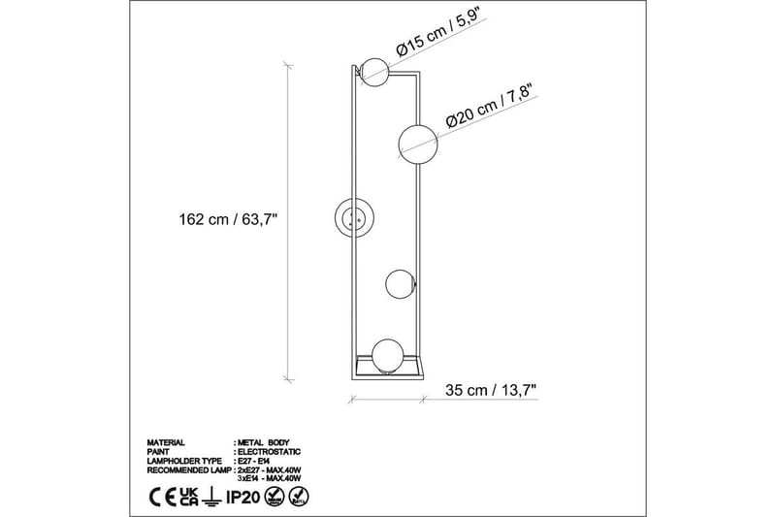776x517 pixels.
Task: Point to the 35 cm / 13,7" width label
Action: point(491,391)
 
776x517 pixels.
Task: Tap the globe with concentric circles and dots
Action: point(351,215)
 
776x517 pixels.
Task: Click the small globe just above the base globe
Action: point(401,284)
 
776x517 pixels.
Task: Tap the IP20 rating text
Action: point(242,498)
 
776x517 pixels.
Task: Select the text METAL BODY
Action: point(264,441)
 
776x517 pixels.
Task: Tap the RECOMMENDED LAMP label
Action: point(186,469)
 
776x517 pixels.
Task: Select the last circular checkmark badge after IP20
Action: point(300,498)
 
